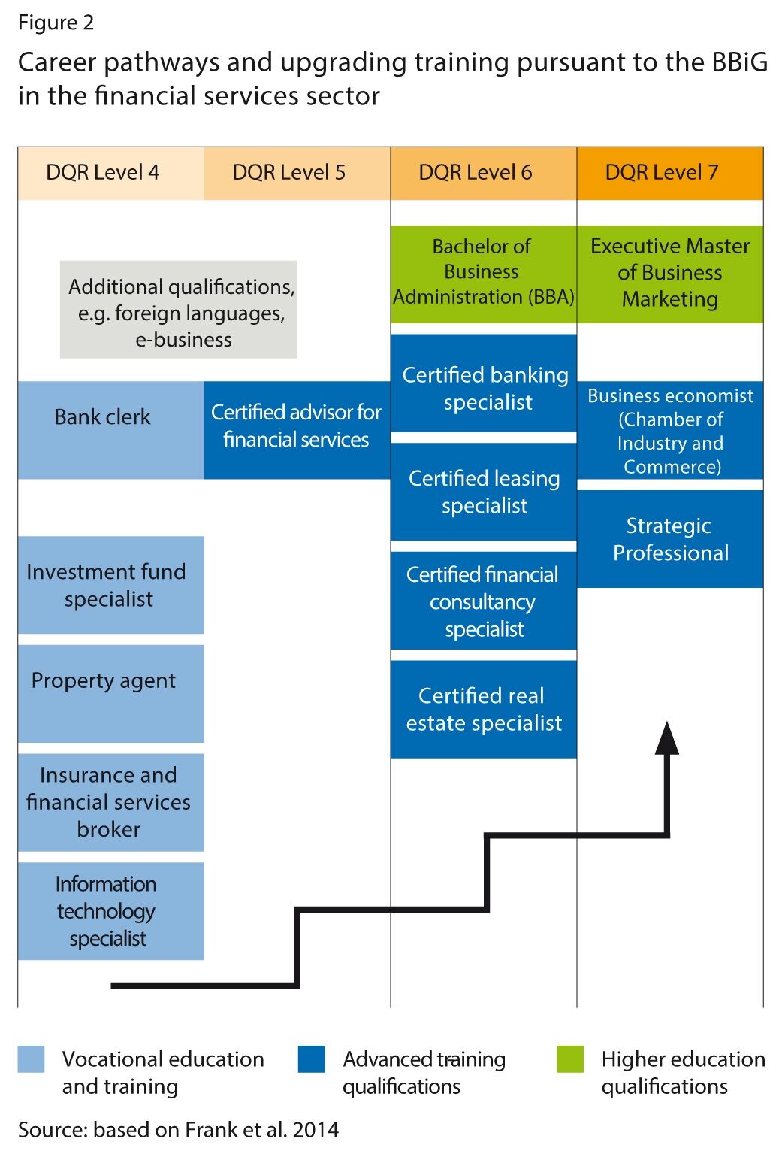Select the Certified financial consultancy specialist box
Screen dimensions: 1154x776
click(483, 601)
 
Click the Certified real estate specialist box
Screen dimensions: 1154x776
click(483, 709)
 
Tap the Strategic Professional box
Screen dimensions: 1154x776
click(669, 539)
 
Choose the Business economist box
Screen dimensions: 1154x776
click(669, 430)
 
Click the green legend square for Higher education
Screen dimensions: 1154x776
click(570, 1059)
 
